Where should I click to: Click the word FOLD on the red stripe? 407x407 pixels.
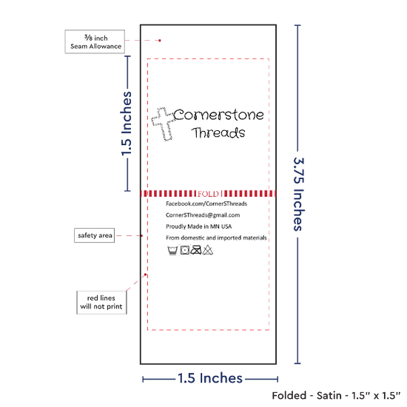pos(208,194)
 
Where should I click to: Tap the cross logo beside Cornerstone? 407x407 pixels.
pos(163,124)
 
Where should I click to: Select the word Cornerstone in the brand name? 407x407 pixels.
pos(218,115)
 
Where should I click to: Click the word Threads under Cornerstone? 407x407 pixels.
pos(218,132)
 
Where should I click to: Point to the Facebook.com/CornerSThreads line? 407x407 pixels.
pos(206,203)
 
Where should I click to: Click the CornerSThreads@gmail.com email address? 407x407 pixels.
pos(203,215)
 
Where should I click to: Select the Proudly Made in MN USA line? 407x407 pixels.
pos(198,226)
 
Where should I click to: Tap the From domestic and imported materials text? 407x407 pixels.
pos(216,238)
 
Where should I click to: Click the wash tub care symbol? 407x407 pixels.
pos(172,250)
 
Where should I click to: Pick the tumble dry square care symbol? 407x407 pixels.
pos(185,250)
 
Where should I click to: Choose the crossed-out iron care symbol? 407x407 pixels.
pos(196,250)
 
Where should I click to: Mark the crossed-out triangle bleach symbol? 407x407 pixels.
pos(208,250)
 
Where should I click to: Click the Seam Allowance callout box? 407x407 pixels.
pos(95,41)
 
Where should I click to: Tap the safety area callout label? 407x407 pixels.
pos(95,235)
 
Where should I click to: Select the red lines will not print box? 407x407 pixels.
pos(101,303)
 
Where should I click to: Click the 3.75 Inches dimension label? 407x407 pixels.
pos(298,194)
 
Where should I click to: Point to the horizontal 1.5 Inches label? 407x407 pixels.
pos(210,378)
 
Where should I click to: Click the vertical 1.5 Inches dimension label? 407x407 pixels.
pos(127,124)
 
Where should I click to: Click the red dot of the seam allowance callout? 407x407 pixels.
pos(160,41)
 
